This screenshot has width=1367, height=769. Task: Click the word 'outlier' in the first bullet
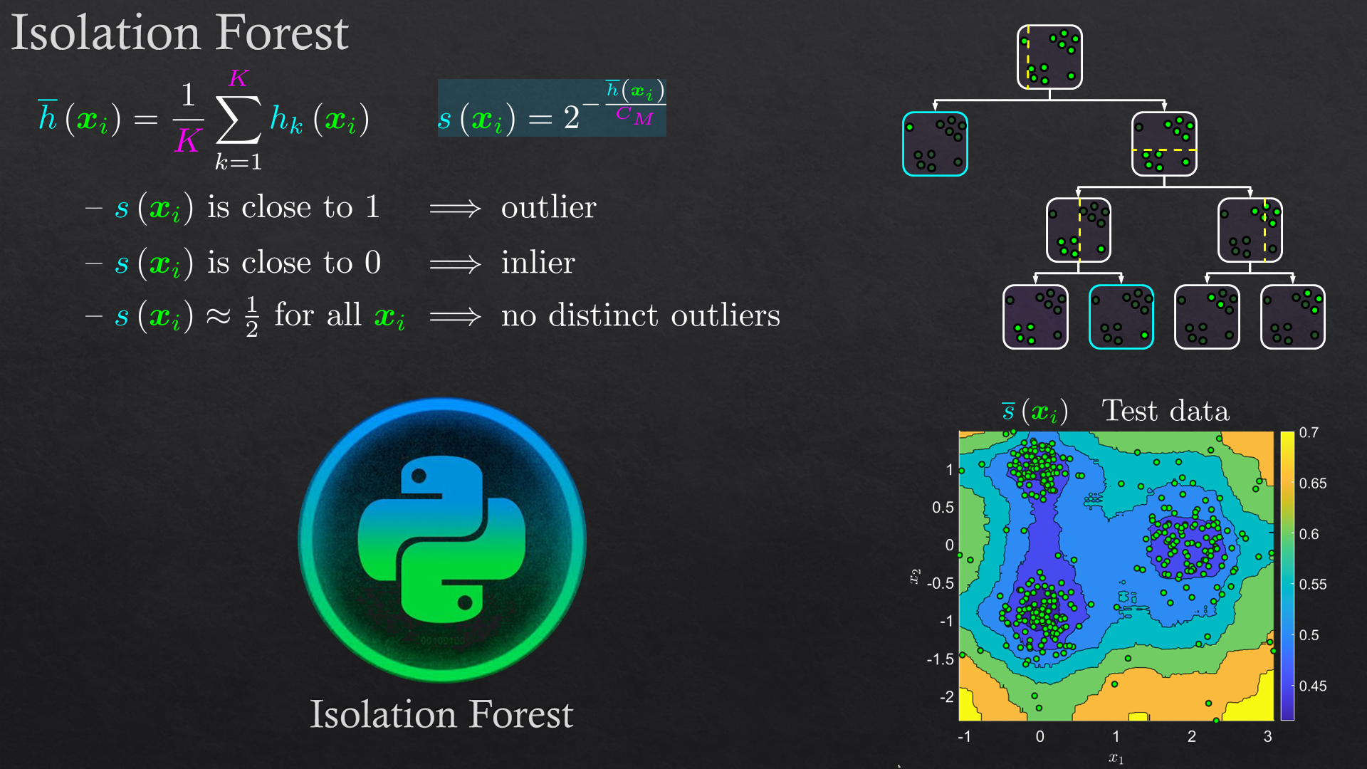tap(548, 207)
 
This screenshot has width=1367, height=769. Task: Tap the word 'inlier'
tap(538, 263)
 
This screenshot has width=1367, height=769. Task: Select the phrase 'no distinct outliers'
tap(640, 315)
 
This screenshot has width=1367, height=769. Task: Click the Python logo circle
tap(442, 540)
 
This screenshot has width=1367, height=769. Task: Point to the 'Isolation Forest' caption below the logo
tap(441, 714)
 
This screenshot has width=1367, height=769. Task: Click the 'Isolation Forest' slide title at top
tap(179, 33)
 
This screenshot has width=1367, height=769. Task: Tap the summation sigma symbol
tap(239, 119)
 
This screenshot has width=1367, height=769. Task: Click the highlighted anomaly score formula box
tap(552, 108)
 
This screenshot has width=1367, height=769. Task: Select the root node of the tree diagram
tap(1049, 57)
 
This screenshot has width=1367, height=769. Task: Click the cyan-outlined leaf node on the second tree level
tap(935, 144)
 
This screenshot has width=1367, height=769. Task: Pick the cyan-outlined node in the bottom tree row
tap(1121, 317)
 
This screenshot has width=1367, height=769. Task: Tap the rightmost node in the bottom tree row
tap(1293, 317)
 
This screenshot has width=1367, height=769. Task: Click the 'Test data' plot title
tap(1166, 411)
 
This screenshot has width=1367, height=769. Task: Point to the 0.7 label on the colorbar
tap(1309, 432)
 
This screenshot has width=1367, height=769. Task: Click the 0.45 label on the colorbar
tap(1313, 686)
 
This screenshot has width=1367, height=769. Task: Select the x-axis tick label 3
tap(1267, 736)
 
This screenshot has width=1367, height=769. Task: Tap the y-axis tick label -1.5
tap(940, 659)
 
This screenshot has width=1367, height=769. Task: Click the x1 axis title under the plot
tap(1116, 758)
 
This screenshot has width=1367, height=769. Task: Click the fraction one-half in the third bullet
tap(251, 317)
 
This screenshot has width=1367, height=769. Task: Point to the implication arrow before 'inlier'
tap(456, 265)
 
